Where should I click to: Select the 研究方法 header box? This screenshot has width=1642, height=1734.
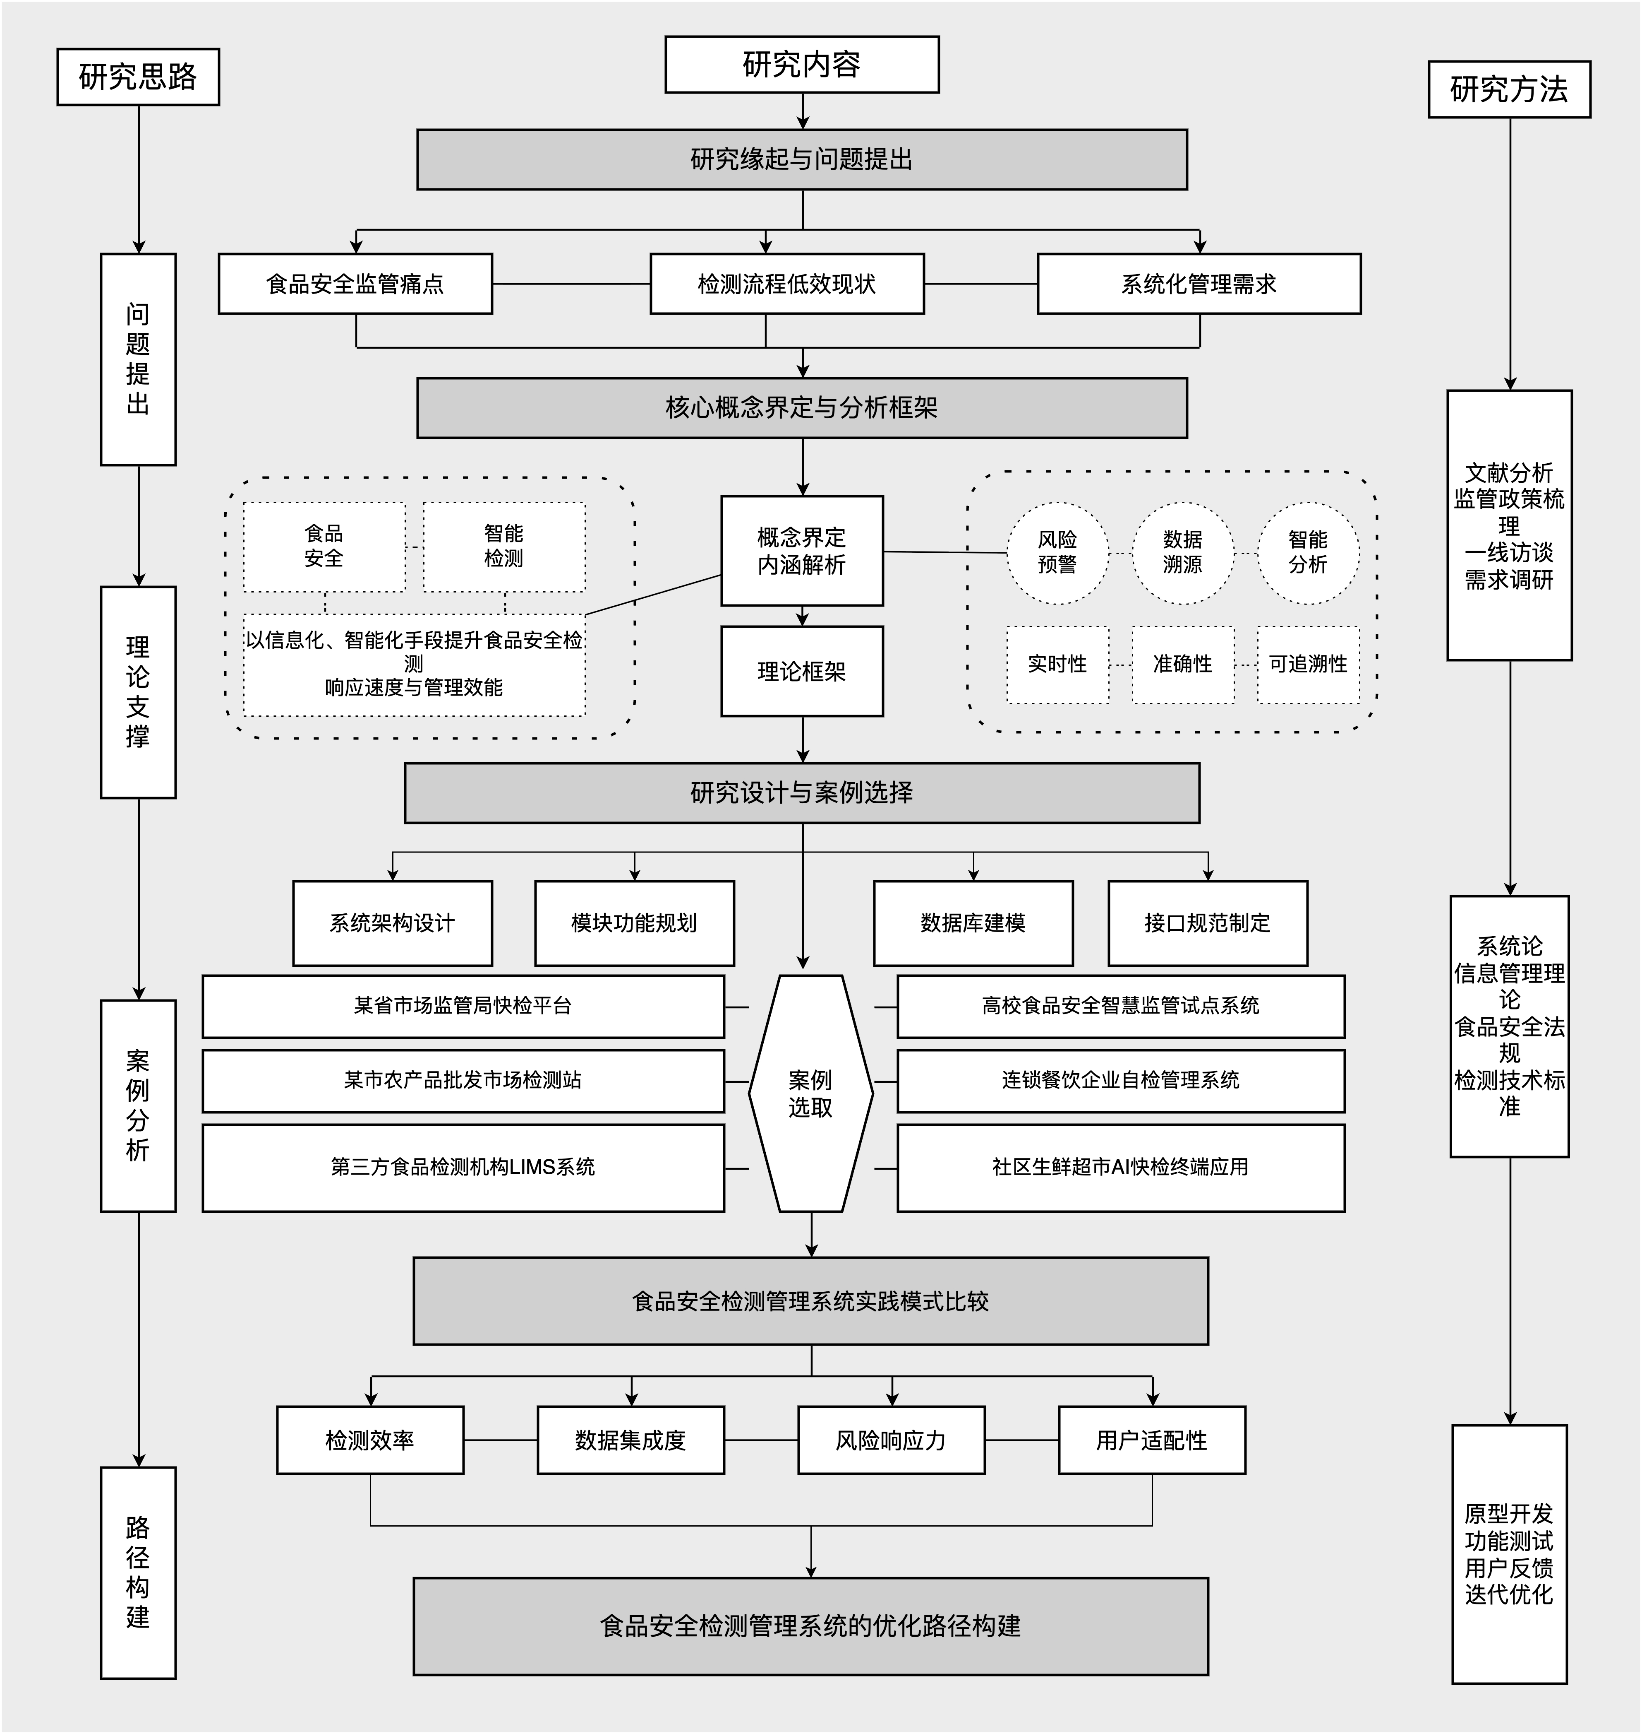[1509, 89]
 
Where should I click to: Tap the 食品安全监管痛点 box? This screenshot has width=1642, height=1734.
[355, 284]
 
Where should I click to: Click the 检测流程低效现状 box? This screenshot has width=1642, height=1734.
[787, 284]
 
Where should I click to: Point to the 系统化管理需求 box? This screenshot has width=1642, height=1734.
[1199, 284]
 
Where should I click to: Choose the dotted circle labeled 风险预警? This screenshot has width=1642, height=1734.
[1057, 553]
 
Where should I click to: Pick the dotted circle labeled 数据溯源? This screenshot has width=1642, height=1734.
[1182, 553]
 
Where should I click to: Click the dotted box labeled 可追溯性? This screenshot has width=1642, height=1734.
[1309, 665]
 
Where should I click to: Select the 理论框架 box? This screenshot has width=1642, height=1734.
[802, 672]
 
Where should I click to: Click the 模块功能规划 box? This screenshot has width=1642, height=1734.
[635, 923]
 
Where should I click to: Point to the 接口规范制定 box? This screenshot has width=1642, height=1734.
[1208, 923]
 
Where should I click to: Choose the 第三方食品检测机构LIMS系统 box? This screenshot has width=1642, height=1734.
[463, 1167]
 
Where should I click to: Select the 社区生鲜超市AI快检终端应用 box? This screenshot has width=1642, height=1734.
[1120, 1167]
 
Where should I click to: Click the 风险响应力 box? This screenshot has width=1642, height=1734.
[891, 1440]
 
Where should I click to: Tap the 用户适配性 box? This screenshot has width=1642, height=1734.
[1152, 1440]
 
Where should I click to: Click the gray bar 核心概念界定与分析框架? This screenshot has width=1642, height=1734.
[802, 408]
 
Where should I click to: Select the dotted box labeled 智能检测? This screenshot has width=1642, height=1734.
[504, 547]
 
